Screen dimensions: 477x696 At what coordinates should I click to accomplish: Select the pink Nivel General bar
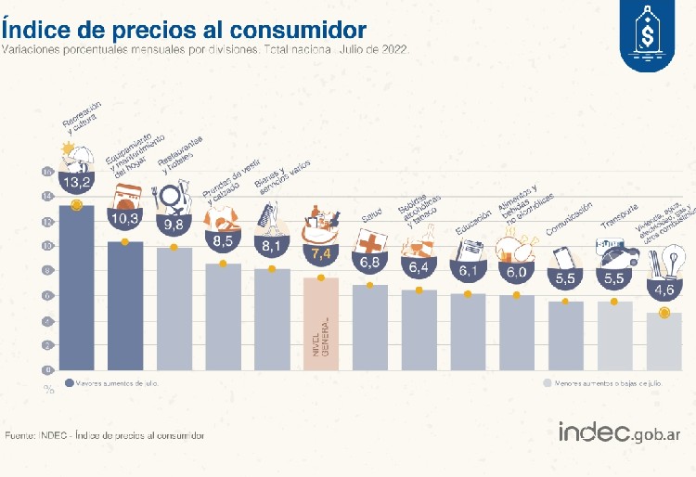click(321, 325)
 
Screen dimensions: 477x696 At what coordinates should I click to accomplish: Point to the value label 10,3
click(125, 218)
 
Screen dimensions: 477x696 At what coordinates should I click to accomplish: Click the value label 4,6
click(664, 290)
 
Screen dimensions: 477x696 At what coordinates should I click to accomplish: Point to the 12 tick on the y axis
click(47, 221)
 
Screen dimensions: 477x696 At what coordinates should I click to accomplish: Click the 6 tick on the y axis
click(47, 295)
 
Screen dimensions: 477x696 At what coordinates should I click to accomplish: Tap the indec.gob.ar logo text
click(619, 432)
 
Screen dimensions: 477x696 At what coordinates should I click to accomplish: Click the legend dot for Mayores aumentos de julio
click(70, 381)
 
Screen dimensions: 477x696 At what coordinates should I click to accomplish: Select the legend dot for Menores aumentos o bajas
click(547, 381)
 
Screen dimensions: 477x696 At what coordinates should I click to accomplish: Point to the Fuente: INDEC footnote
click(105, 434)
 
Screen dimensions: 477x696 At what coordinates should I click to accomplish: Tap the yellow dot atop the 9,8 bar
click(174, 247)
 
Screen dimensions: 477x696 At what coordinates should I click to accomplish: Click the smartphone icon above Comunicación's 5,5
click(564, 254)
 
